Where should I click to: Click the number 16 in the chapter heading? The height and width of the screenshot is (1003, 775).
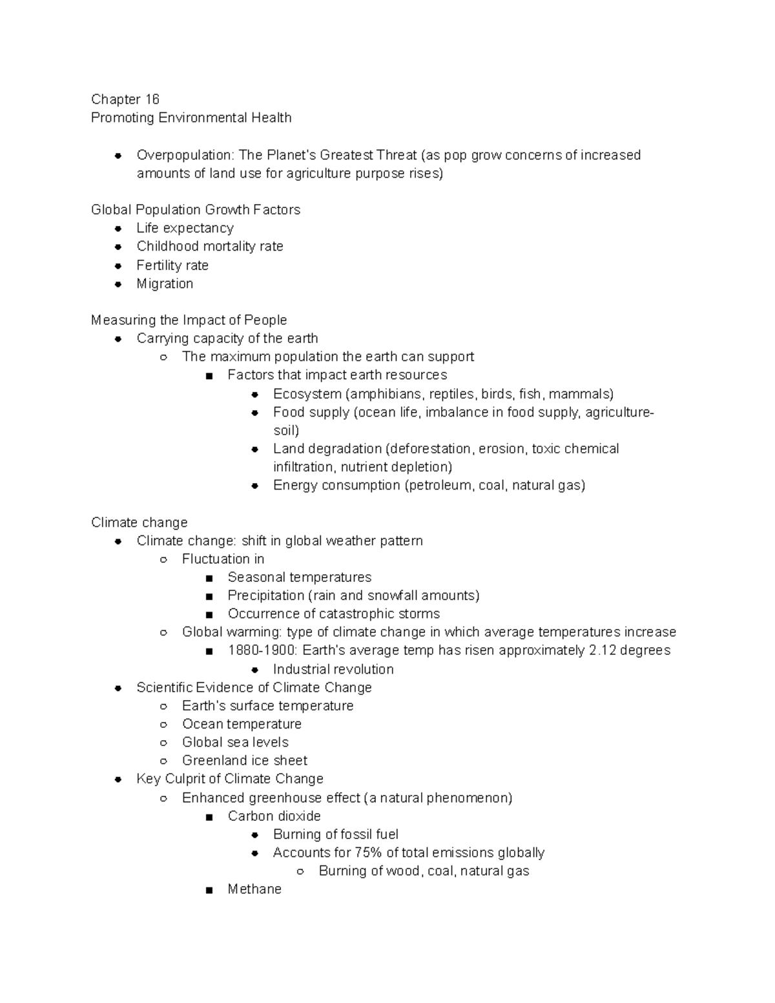pyautogui.click(x=152, y=99)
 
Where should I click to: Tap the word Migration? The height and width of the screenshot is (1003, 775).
pyautogui.click(x=165, y=284)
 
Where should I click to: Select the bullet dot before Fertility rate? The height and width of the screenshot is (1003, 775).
pyautogui.click(x=118, y=265)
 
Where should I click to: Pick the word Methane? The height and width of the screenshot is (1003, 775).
pyautogui.click(x=254, y=889)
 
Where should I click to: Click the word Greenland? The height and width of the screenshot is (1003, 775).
pyautogui.click(x=211, y=761)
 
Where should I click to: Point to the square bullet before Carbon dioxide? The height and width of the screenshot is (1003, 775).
pyautogui.click(x=209, y=817)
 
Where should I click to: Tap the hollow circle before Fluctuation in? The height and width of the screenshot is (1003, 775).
pyautogui.click(x=163, y=560)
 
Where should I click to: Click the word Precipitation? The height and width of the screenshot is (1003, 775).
pyautogui.click(x=265, y=595)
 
